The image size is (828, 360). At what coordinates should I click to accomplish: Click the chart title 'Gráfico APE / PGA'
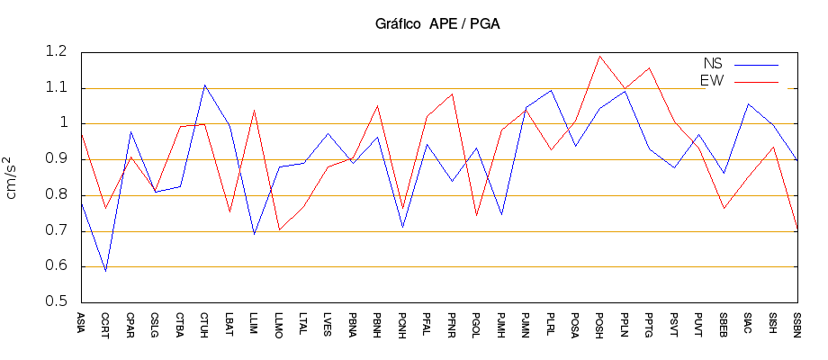tap(437, 24)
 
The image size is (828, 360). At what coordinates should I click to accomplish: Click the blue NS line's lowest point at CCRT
tap(106, 271)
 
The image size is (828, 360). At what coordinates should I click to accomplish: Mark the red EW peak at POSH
tap(600, 56)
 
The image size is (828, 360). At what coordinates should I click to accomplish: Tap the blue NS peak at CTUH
tap(205, 85)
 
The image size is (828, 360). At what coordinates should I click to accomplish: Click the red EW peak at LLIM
tap(255, 110)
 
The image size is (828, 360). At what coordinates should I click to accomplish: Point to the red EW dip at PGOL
tap(477, 215)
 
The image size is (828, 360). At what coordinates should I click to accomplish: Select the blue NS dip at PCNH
tap(403, 227)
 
